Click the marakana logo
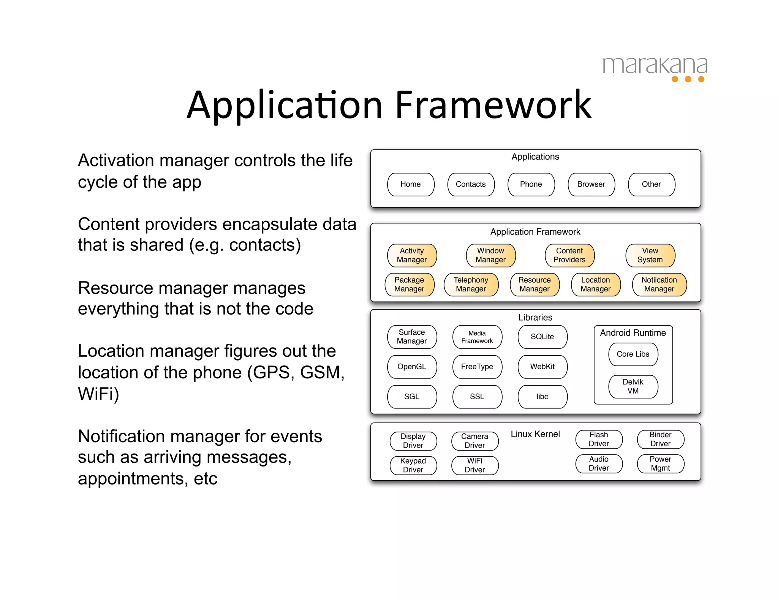point(655,68)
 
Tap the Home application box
point(411,185)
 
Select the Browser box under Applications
point(591,185)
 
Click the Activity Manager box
point(412,255)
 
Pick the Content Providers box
point(569,255)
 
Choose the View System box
point(650,255)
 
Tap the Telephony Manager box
point(471,285)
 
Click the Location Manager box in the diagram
point(596,285)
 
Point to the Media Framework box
point(477,337)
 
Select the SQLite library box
point(542,337)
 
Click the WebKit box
point(542,367)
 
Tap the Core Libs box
point(633,354)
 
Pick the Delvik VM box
point(633,387)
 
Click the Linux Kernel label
point(535,434)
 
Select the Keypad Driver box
point(413,465)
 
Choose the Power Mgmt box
point(661,464)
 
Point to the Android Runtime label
point(633,333)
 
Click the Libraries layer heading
point(535,318)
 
